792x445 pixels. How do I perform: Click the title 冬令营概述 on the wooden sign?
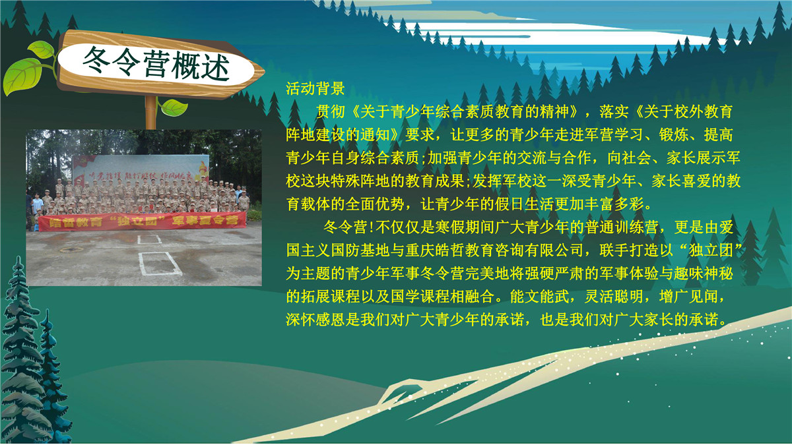pyautogui.click(x=156, y=63)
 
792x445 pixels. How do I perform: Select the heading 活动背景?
pyautogui.click(x=315, y=88)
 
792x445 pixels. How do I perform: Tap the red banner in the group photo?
pyautogui.click(x=142, y=222)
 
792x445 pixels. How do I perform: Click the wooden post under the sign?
pyautogui.click(x=150, y=112)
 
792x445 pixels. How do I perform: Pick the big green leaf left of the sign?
pyautogui.click(x=22, y=76)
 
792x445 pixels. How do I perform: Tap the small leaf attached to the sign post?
pyautogui.click(x=174, y=107)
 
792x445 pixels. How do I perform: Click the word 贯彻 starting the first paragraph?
pyautogui.click(x=330, y=112)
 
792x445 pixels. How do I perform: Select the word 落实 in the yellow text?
pyautogui.click(x=614, y=112)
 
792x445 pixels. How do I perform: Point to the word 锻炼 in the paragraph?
pyautogui.click(x=674, y=135)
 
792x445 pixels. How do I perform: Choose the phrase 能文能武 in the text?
pyautogui.click(x=540, y=297)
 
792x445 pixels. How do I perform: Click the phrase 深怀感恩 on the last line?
pyautogui.click(x=315, y=320)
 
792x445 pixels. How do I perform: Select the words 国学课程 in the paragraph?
pyautogui.click(x=420, y=297)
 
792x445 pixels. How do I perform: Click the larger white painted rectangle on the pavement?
pyautogui.click(x=160, y=264)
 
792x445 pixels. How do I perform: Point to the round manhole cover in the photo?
pyautogui.click(x=71, y=250)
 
